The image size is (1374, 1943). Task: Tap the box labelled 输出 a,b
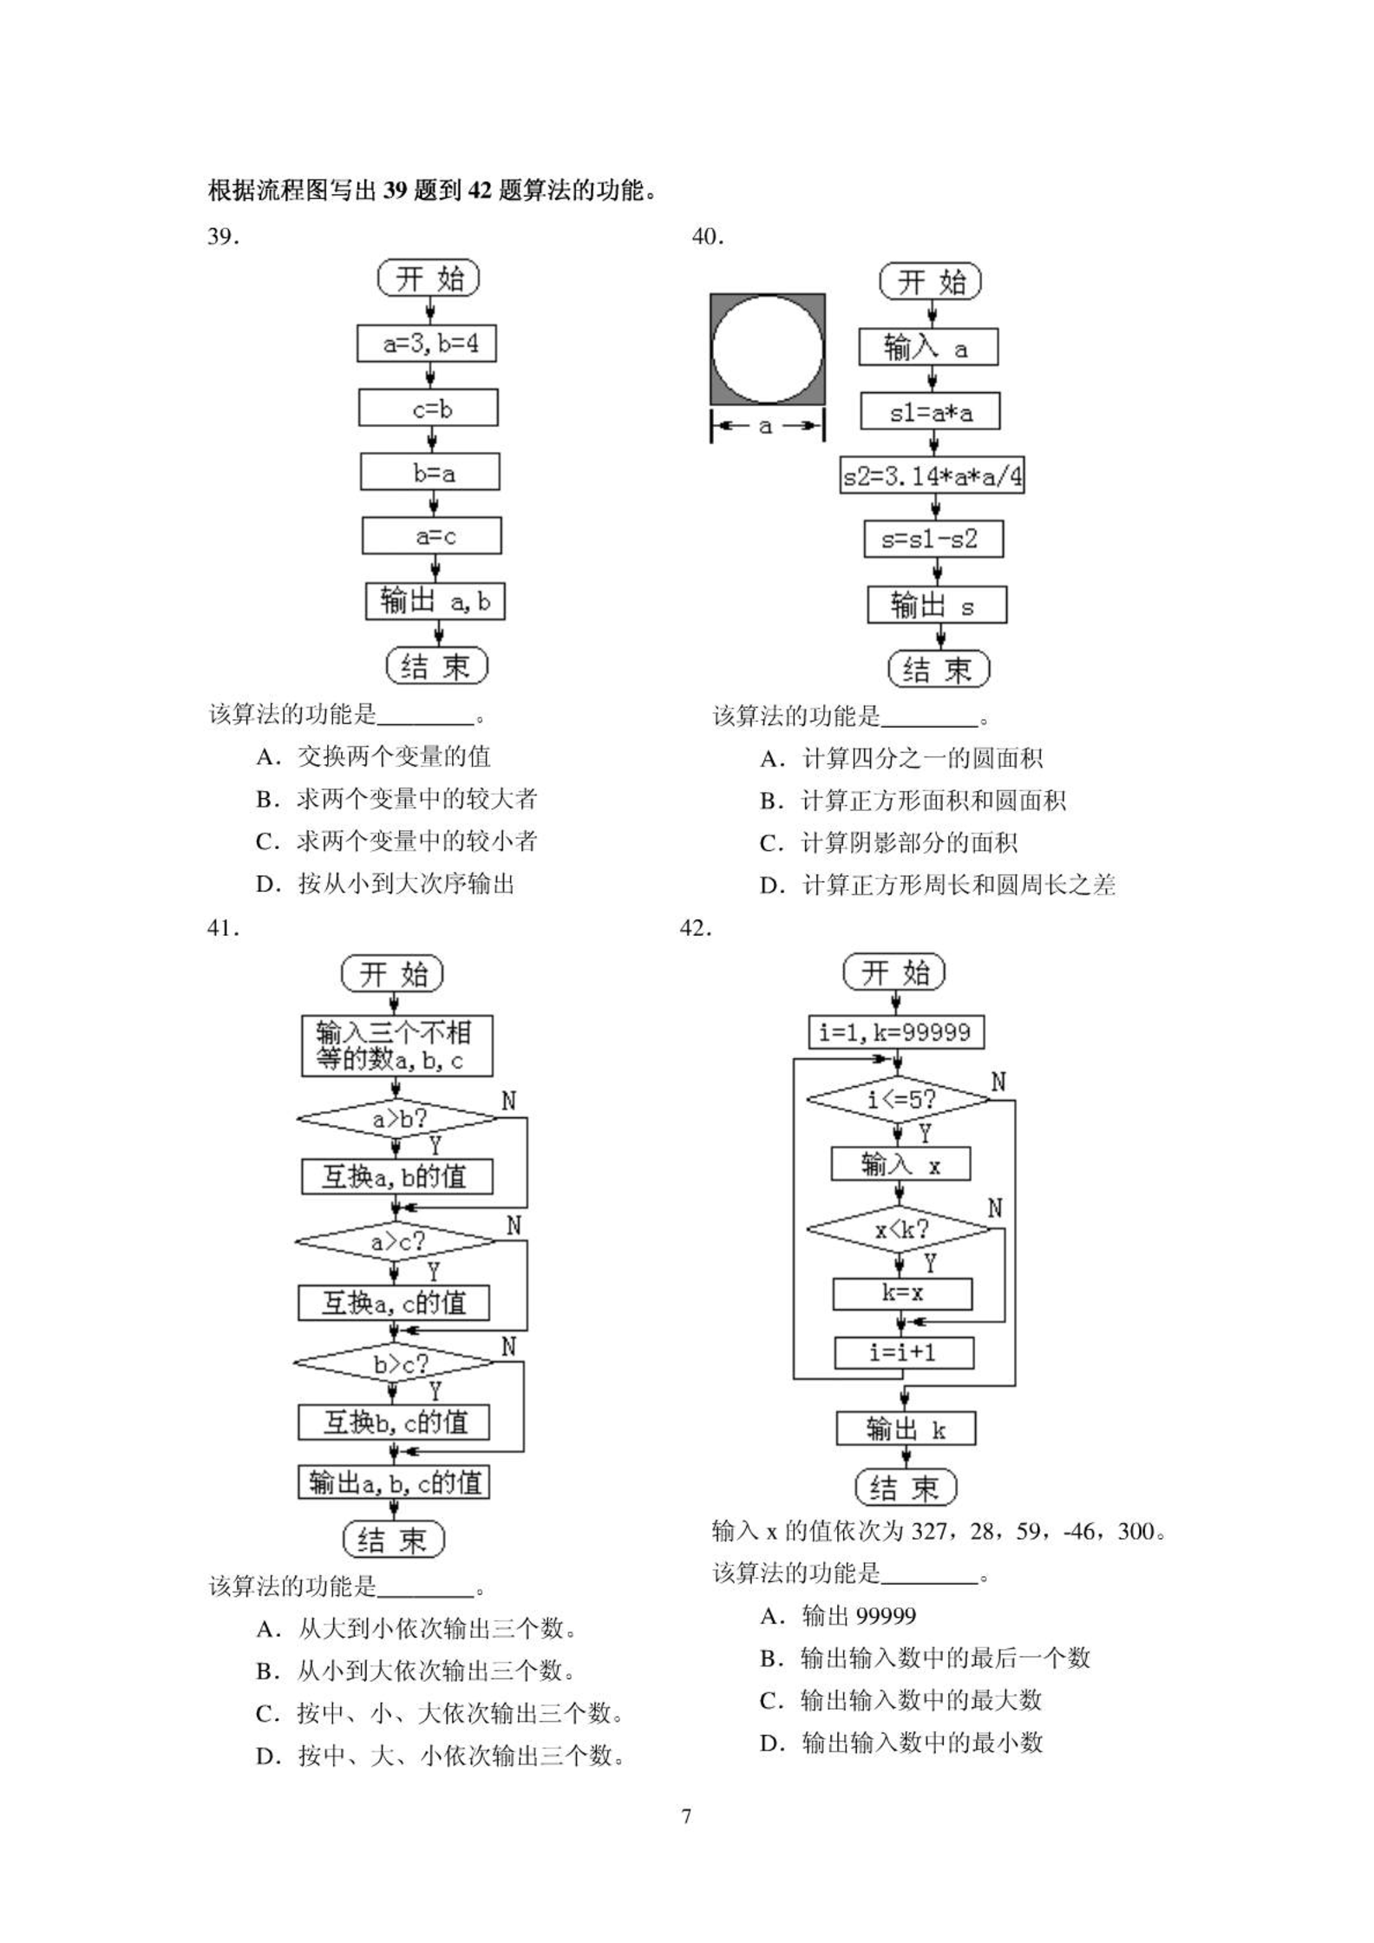[435, 601]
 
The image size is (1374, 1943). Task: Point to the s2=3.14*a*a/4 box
[932, 475]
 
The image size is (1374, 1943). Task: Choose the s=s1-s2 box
[933, 539]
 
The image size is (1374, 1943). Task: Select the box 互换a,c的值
[394, 1302]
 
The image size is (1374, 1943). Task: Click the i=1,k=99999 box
[896, 1032]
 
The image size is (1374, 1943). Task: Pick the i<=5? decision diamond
[899, 1100]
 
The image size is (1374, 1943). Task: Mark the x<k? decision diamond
[899, 1229]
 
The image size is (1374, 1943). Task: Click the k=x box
[902, 1294]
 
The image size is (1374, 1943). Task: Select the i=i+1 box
[904, 1352]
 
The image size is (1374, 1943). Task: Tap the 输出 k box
[906, 1428]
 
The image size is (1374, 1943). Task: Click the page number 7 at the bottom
[687, 1815]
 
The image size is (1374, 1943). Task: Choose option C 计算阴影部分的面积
[888, 843]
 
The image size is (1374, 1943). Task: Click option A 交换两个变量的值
[373, 756]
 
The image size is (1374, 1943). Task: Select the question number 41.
[223, 928]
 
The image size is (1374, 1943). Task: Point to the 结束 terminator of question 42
[906, 1488]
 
